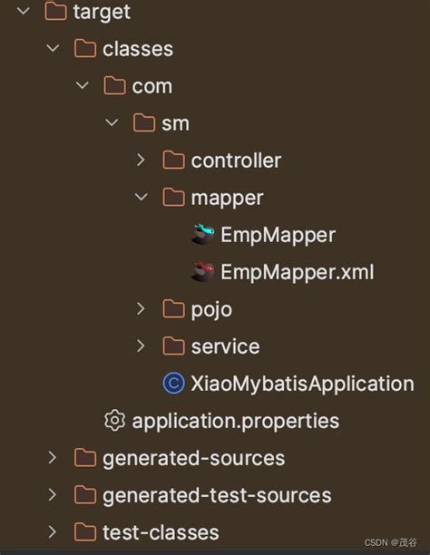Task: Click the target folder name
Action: [103, 12]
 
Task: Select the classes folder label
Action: [138, 49]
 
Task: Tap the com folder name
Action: [151, 86]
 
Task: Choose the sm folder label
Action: [175, 123]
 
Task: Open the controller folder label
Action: [236, 161]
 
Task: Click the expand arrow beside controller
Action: [141, 161]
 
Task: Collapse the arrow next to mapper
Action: [141, 198]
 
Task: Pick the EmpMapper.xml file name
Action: [297, 272]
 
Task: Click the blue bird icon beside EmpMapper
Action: [202, 235]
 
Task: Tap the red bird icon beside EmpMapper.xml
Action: [202, 272]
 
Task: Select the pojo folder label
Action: [211, 309]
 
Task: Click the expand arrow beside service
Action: [141, 346]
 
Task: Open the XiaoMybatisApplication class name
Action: [302, 384]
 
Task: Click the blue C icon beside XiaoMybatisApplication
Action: [173, 384]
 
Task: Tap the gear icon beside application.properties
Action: [114, 421]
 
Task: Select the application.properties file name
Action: [236, 421]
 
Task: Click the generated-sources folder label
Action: [193, 458]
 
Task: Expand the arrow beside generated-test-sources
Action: [53, 495]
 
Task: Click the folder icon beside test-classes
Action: [85, 532]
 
